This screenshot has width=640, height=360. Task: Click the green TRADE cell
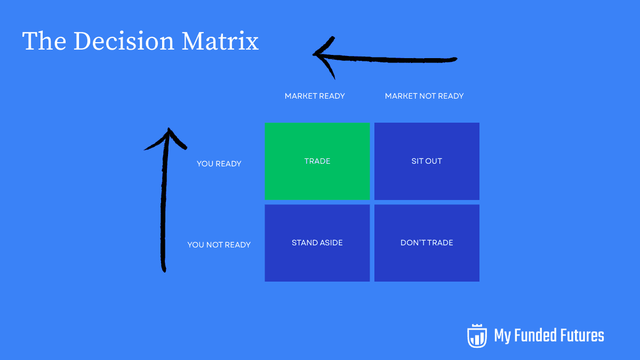pos(317,161)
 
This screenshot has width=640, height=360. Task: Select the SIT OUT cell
pos(427,161)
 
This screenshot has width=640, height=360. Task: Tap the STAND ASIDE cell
pos(317,243)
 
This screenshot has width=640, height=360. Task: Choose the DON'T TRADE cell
pos(427,243)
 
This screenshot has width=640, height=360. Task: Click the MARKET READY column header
pos(315,96)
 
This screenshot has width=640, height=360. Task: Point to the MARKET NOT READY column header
pos(424,96)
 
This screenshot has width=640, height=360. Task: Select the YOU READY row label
pos(219,164)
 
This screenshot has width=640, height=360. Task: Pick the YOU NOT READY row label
pos(219,245)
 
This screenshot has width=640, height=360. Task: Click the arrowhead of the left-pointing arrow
pos(320,54)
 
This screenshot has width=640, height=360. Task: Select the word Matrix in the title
pos(220,42)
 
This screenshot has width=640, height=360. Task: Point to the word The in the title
pos(44,42)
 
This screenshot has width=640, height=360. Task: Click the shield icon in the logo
pos(477,335)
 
